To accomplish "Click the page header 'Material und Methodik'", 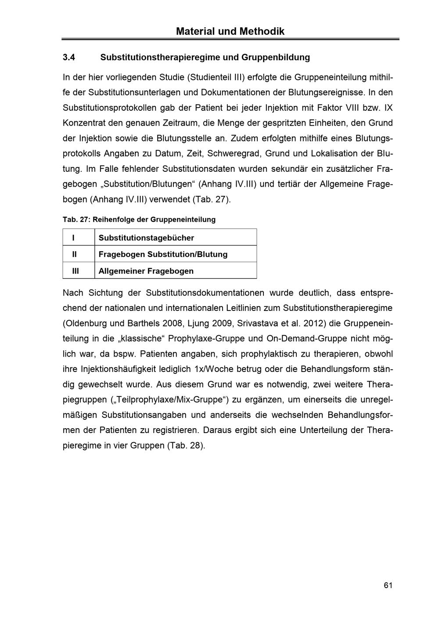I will pyautogui.click(x=230, y=32).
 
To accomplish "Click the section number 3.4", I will pyautogui.click(x=69, y=58).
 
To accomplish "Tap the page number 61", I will pyautogui.click(x=388, y=585).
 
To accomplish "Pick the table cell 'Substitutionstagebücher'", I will pyautogui.click(x=146, y=238).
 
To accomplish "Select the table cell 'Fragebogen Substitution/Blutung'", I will pyautogui.click(x=163, y=254).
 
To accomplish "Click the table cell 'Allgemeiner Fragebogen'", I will pyautogui.click(x=146, y=271).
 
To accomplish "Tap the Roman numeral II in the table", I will pyautogui.click(x=74, y=254).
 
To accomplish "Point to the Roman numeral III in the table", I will pyautogui.click(x=76, y=271).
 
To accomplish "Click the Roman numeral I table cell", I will pyautogui.click(x=73, y=238).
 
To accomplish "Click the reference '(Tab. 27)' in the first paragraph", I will pyautogui.click(x=211, y=199).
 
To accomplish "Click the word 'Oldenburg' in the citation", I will pyautogui.click(x=86, y=324).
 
